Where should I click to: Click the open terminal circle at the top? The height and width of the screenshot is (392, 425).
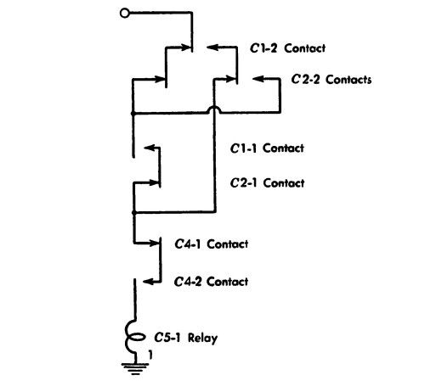coord(124,14)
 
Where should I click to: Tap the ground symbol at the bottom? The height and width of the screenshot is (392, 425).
coord(135,368)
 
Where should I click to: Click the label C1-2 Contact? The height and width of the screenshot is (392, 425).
coord(287,48)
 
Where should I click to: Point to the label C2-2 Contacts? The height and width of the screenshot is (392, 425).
coord(331,79)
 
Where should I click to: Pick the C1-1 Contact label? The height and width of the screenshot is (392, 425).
coord(267,148)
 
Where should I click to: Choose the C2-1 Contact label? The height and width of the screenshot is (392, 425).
coord(267,183)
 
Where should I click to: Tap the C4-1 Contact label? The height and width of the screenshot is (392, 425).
coord(212,244)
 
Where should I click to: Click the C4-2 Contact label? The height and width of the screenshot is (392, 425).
coord(211,282)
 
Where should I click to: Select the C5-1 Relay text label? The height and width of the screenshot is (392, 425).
coord(186,338)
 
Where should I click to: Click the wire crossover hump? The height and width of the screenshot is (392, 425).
coord(214,109)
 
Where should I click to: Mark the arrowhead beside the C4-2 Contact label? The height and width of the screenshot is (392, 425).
coord(148,282)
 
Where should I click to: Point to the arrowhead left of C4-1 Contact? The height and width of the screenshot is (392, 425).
coord(154,243)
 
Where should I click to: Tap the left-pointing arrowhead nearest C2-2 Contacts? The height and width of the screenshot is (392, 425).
coord(258,79)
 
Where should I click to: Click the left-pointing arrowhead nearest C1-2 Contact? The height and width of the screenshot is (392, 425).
coord(212,47)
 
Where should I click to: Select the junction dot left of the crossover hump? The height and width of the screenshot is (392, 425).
coord(133,114)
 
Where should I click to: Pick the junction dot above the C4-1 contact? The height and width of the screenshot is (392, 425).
coord(134,212)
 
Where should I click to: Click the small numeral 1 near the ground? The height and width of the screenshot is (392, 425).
coord(150,355)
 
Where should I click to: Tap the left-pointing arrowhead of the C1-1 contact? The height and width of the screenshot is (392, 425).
coord(149,148)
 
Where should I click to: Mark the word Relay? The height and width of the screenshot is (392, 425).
coord(202,339)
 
